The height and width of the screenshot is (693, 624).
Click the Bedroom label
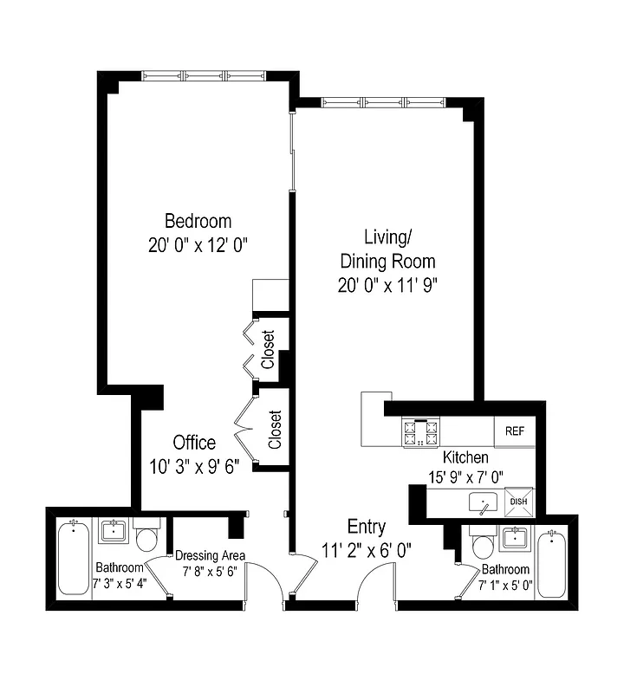point(198,221)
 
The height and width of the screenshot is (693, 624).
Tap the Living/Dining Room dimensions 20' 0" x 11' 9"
point(387,285)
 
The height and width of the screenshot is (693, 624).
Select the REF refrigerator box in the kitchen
point(514,431)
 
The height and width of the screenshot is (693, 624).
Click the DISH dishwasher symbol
point(518,502)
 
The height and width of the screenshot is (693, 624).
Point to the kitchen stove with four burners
point(420,431)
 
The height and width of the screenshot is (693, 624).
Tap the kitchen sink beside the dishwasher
point(482,502)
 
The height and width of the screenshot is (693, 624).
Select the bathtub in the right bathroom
point(549,565)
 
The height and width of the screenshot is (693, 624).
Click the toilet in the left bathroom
point(147,538)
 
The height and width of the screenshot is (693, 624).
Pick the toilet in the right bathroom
point(483,544)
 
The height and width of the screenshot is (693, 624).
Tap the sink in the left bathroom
point(113,531)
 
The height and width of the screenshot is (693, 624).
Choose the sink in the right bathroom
point(515,539)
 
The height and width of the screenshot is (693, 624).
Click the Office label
point(194,443)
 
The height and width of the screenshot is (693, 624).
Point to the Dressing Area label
point(211,555)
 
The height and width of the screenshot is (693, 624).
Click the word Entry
point(367,527)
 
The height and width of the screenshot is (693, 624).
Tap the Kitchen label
point(465,457)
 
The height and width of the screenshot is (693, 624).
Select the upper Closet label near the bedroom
point(269,350)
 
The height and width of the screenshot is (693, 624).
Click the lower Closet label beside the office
point(275,429)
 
